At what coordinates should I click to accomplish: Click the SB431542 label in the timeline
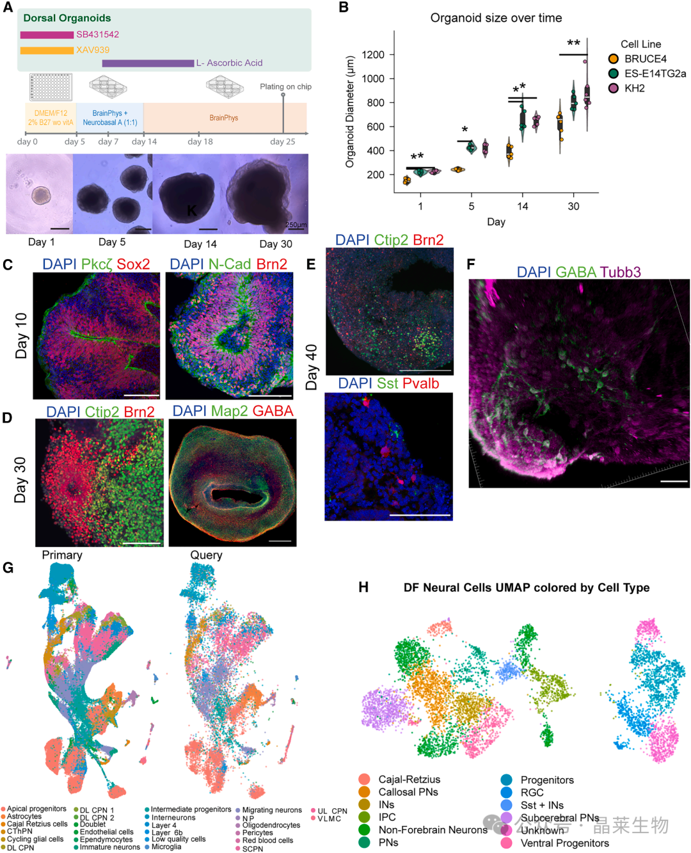click(x=97, y=35)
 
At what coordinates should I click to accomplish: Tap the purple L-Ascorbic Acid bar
click(x=148, y=63)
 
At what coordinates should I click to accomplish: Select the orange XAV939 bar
click(x=47, y=50)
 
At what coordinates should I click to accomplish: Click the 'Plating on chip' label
click(x=285, y=86)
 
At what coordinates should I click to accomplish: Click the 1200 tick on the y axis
click(x=373, y=54)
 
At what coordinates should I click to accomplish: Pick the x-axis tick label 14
click(x=523, y=206)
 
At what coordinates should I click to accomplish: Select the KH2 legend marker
click(x=613, y=88)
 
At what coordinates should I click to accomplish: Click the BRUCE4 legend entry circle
click(x=613, y=59)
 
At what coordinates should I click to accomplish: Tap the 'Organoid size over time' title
click(x=496, y=18)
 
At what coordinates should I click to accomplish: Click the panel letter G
click(x=8, y=568)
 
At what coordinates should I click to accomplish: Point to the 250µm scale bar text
click(x=296, y=225)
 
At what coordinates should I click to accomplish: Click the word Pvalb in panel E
click(x=421, y=383)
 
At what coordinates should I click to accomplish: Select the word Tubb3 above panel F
click(x=620, y=272)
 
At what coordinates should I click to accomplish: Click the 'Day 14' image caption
click(x=200, y=244)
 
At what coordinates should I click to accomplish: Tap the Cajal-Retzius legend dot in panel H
click(x=365, y=779)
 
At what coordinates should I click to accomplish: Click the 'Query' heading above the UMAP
click(x=206, y=555)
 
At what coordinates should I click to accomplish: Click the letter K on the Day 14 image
click(x=191, y=211)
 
